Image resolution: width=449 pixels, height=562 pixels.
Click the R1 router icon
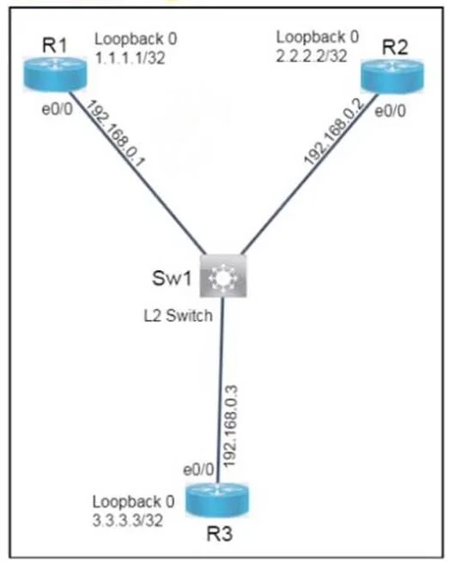(x=55, y=75)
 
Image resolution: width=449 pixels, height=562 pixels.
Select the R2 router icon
(x=392, y=76)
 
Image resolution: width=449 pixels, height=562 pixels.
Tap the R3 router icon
(x=217, y=501)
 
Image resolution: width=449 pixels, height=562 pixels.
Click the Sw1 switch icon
(x=223, y=275)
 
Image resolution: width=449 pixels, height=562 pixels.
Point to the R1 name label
(x=54, y=45)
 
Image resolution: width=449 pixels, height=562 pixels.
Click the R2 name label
(x=395, y=47)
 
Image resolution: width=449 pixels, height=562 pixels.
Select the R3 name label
(x=220, y=534)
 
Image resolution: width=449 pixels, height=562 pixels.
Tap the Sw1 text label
(x=173, y=278)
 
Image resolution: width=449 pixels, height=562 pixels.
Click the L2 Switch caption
(x=179, y=316)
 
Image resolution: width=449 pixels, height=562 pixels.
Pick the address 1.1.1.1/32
(x=130, y=57)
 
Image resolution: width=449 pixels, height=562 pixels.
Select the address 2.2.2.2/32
(x=312, y=56)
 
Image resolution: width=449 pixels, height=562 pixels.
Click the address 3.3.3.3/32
(x=128, y=520)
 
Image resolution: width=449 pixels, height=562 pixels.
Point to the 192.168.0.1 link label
(x=116, y=134)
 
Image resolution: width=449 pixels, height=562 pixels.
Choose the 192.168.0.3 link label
(x=230, y=426)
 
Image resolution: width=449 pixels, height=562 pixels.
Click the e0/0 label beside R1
(x=58, y=109)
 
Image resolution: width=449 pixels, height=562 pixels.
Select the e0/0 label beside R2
(x=390, y=111)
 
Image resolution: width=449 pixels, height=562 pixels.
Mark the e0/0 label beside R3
(x=198, y=469)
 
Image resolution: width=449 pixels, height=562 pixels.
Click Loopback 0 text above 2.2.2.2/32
(x=318, y=37)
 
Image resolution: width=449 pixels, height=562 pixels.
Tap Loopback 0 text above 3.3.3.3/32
(x=133, y=501)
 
